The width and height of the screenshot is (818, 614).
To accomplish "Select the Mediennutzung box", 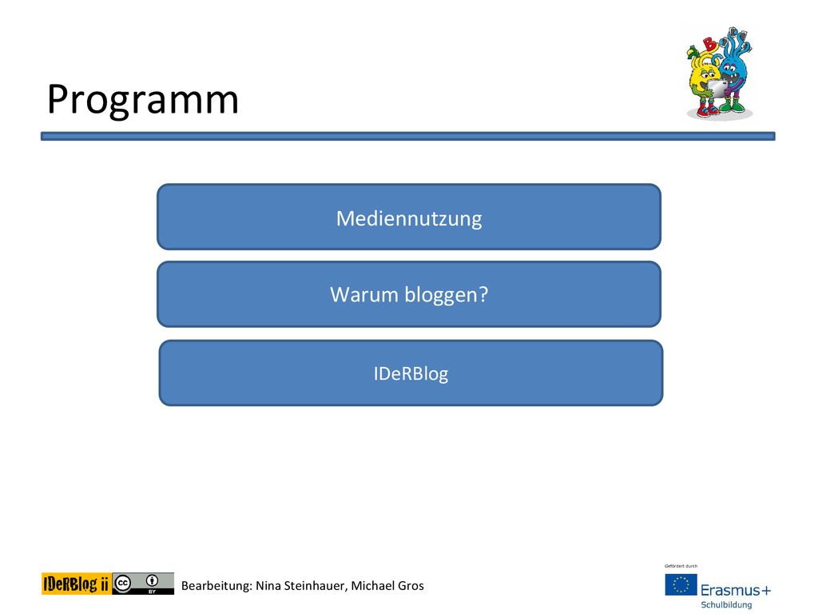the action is tap(409, 217).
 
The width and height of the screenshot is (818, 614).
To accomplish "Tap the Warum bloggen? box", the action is tap(409, 294).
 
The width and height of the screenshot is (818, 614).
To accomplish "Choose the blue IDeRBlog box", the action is tap(411, 373).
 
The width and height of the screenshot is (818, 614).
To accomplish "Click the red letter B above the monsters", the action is tap(709, 43).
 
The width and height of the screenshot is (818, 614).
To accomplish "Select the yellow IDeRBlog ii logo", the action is tap(76, 584).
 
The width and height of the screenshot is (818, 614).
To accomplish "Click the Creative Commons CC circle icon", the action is tap(123, 583).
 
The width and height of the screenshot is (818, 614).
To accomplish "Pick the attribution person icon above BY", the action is tap(153, 580).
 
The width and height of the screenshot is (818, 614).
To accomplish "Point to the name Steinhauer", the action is tap(315, 586).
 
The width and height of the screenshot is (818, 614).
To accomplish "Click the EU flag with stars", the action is tap(681, 584).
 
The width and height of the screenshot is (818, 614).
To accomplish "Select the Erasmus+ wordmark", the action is tap(736, 590).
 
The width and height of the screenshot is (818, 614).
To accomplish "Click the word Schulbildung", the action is tap(726, 605).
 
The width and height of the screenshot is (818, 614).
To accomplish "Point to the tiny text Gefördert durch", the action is tap(681, 566).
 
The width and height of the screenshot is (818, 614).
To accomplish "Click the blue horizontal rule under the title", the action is tap(408, 136).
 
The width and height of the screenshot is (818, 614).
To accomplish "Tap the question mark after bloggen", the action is tap(483, 294).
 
